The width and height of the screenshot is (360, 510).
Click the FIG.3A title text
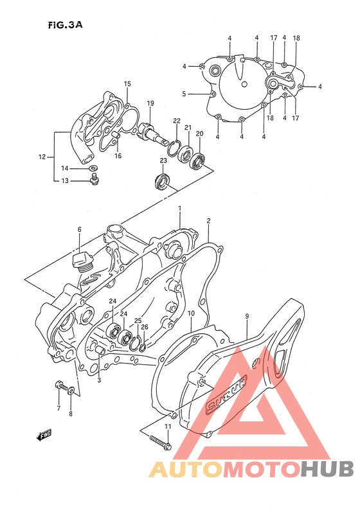(65, 25)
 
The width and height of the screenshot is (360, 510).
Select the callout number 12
(42, 156)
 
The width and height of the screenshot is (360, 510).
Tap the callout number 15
(127, 84)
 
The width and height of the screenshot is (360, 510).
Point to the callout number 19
(150, 103)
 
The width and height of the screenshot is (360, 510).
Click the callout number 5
(184, 94)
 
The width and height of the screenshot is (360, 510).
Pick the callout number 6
(80, 229)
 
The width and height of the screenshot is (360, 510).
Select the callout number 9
(247, 316)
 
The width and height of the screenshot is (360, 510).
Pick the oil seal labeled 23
(163, 182)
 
